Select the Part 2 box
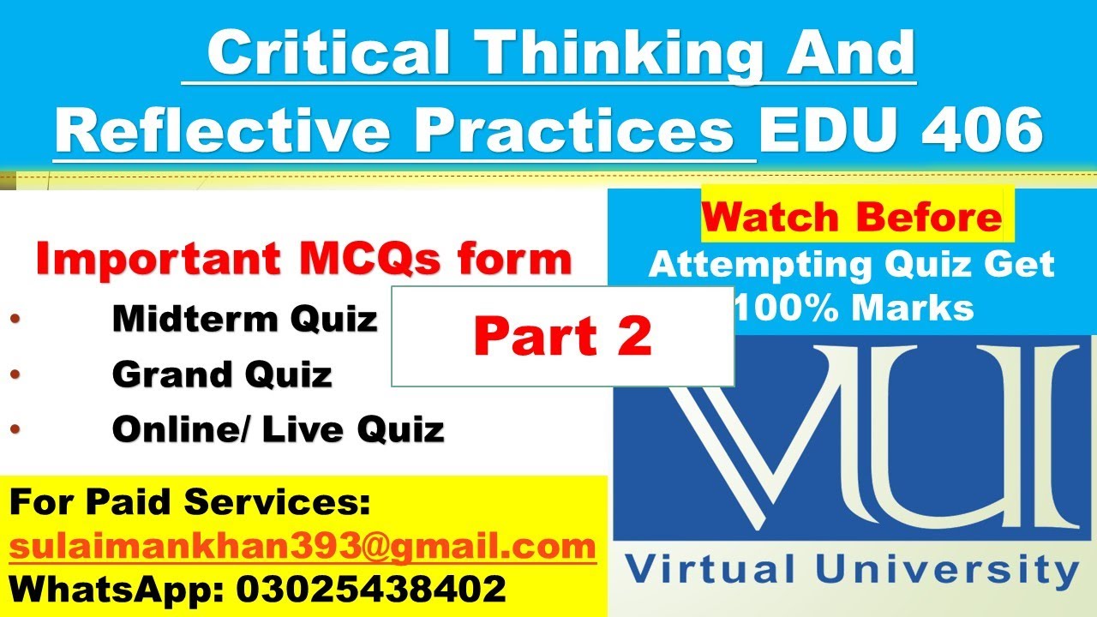[x=562, y=337]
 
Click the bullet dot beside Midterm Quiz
[x=15, y=320]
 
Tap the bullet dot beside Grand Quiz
[x=15, y=375]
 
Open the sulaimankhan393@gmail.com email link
[x=303, y=546]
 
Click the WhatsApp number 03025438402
[x=369, y=590]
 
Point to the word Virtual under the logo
[x=699, y=569]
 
